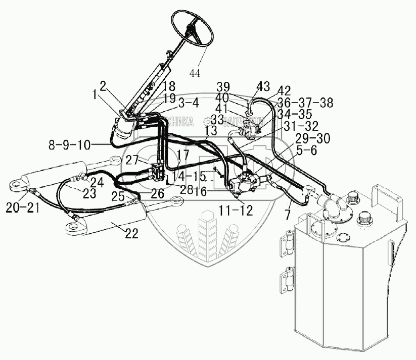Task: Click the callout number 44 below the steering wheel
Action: coord(195,73)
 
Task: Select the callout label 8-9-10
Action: coord(70,145)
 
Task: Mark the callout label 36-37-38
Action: coord(302,102)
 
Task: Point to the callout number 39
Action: coord(223,86)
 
